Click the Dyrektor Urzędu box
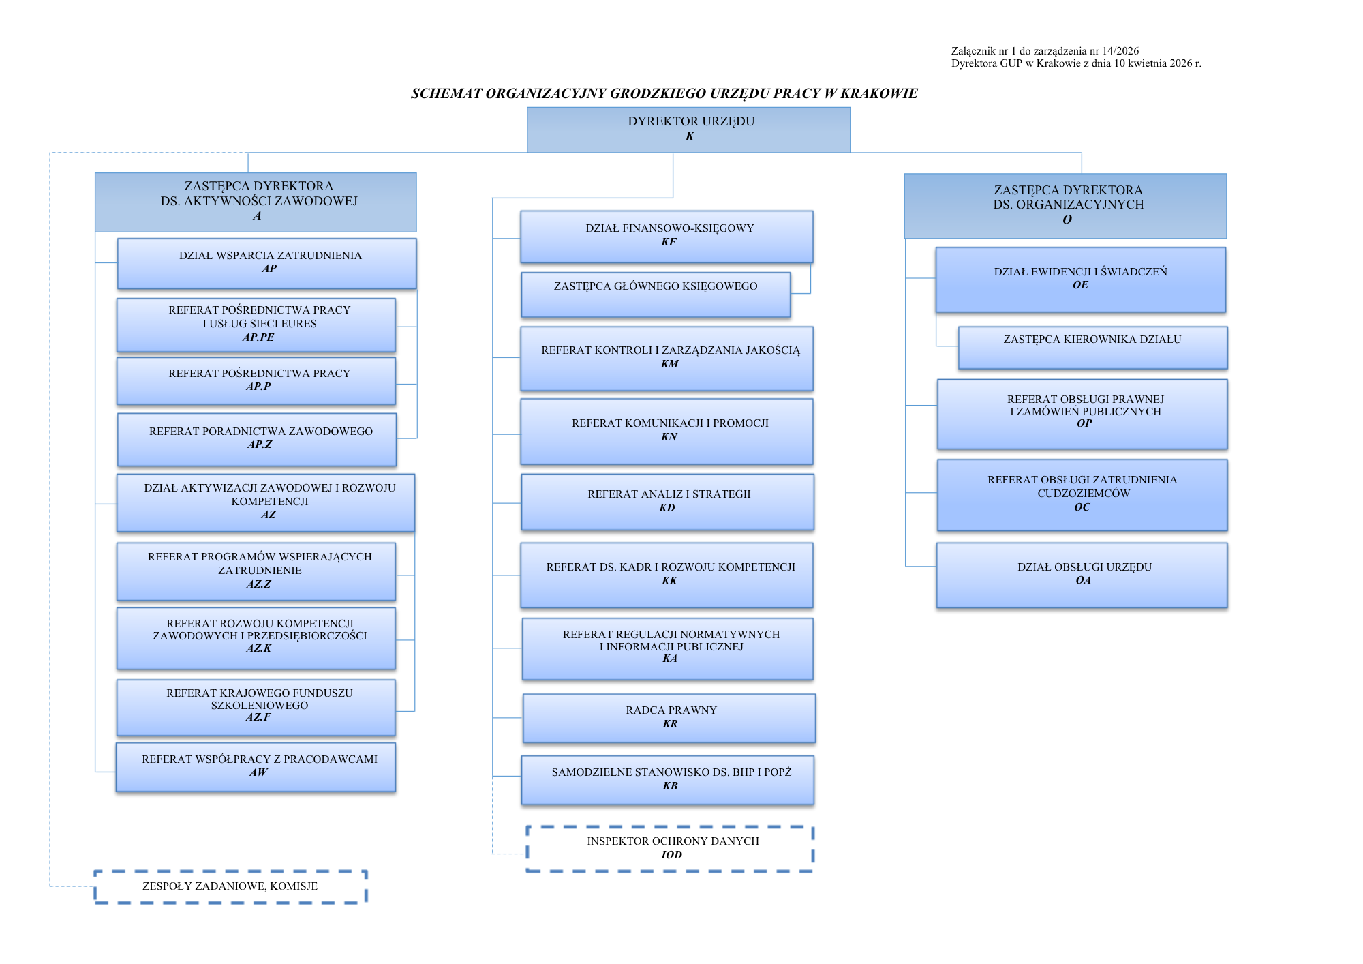[x=688, y=130]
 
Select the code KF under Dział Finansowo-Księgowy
[x=669, y=242]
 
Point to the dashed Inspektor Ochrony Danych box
[x=671, y=848]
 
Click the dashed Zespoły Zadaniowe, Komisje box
[x=230, y=886]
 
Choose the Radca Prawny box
[x=669, y=718]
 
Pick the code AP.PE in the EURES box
[x=258, y=337]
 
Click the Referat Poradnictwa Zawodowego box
[x=257, y=438]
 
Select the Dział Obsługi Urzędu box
[x=1082, y=574]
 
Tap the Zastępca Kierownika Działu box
[x=1092, y=347]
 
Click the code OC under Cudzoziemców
[x=1082, y=507]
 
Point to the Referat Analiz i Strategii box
[x=668, y=501]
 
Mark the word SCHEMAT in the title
[x=446, y=94]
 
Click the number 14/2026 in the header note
[x=1120, y=51]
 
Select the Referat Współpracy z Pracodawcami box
[x=256, y=766]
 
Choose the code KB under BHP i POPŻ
[x=671, y=786]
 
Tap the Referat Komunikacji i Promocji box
[x=667, y=430]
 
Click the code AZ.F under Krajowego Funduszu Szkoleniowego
[x=258, y=717]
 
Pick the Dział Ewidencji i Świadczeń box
[x=1081, y=279]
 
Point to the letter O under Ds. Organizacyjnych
[x=1067, y=220]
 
